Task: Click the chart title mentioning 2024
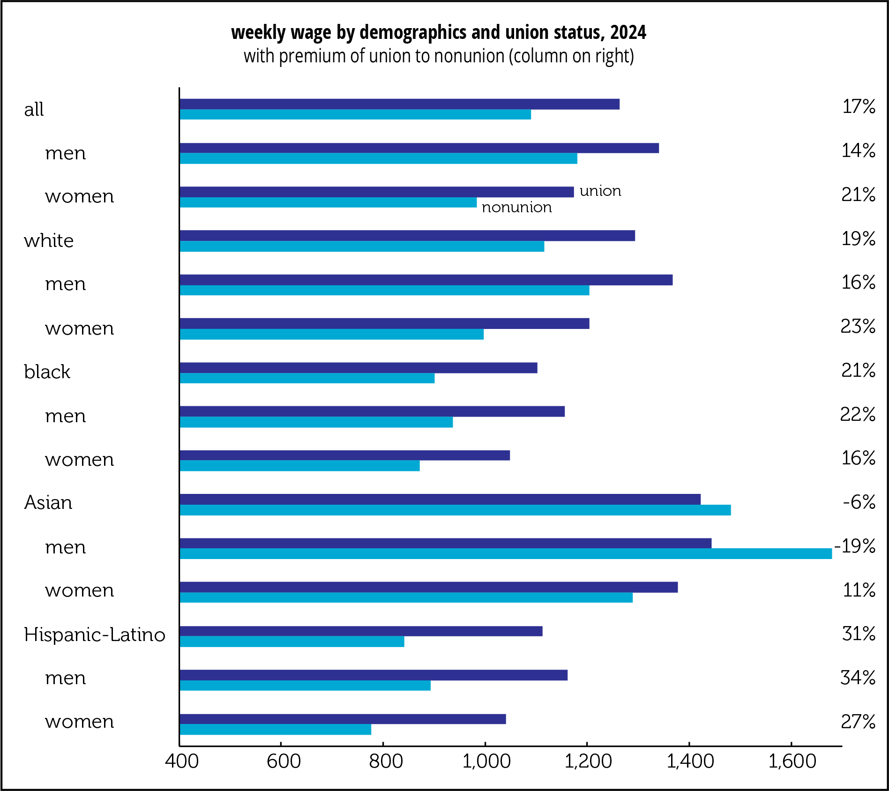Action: (439, 33)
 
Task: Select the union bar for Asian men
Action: (445, 543)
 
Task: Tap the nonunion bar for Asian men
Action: (505, 554)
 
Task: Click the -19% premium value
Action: (855, 546)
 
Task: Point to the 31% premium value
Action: (859, 634)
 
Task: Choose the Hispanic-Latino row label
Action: (95, 635)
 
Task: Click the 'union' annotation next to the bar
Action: (600, 191)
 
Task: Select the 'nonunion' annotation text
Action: (516, 208)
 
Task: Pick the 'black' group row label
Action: (47, 372)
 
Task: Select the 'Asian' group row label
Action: (48, 503)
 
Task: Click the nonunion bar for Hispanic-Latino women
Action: (275, 730)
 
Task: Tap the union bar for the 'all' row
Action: (399, 104)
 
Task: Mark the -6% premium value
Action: (859, 502)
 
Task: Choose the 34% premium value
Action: (858, 678)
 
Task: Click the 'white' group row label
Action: (49, 241)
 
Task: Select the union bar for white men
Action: (426, 280)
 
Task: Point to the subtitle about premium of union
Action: (439, 56)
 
